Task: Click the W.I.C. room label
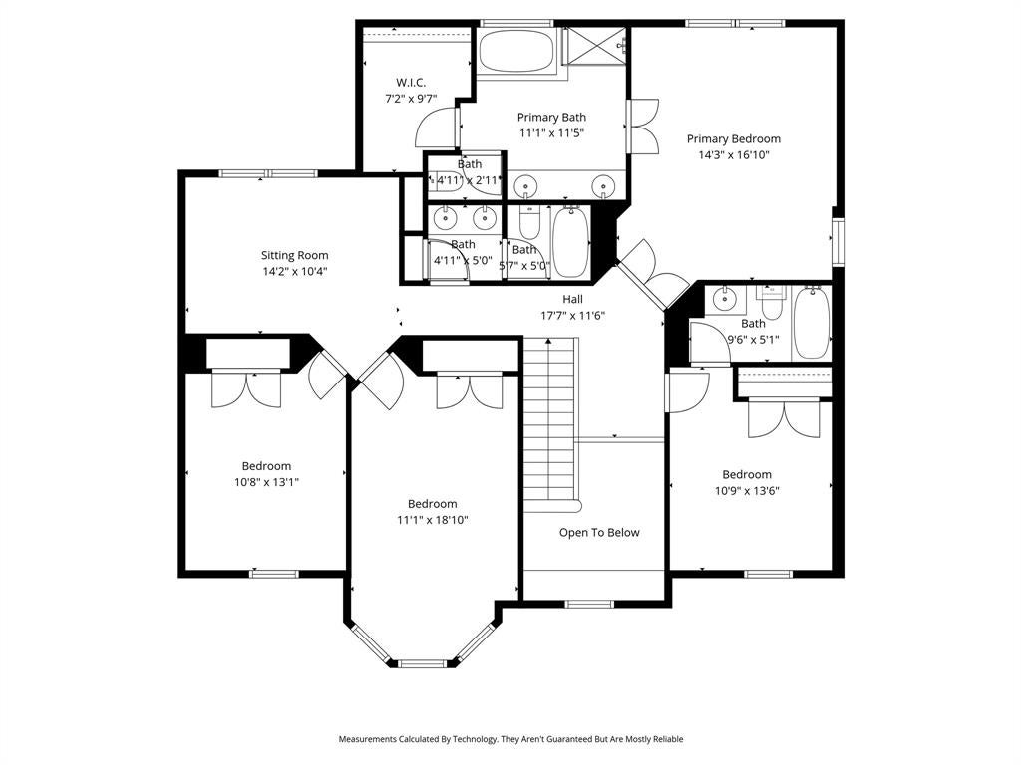[411, 83]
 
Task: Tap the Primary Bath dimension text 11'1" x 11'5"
[551, 133]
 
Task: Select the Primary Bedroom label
[734, 139]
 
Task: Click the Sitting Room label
[294, 256]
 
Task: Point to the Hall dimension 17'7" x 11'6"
[573, 316]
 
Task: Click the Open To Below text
[599, 533]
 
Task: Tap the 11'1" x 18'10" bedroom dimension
[433, 520]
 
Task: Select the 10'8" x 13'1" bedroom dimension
[266, 483]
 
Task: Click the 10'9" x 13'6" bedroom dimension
[747, 491]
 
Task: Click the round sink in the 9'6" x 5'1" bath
[723, 300]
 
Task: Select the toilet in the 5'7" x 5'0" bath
[528, 223]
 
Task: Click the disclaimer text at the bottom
[510, 739]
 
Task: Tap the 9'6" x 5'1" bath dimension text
[753, 340]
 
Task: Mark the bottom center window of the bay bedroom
[423, 663]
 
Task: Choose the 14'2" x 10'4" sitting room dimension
[294, 272]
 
